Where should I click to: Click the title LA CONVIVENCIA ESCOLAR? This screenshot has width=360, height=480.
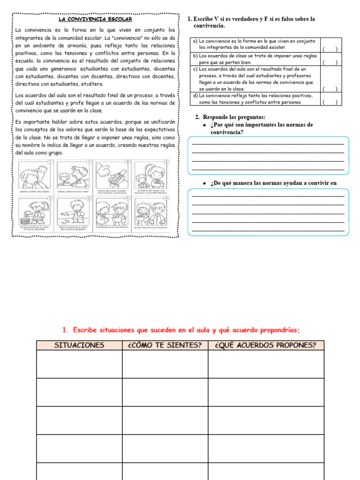(95, 20)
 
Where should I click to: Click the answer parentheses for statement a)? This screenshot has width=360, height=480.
(330, 48)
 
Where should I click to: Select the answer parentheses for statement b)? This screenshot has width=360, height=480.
(330, 62)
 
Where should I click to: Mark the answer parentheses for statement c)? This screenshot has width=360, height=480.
(330, 88)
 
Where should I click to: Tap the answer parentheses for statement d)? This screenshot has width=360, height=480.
(330, 102)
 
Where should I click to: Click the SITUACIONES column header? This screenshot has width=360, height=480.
(80, 345)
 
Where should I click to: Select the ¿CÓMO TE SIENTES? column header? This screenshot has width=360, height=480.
(165, 345)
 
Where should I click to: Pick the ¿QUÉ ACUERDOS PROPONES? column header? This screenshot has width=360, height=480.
(266, 345)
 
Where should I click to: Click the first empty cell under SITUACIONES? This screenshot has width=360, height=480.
(80, 364)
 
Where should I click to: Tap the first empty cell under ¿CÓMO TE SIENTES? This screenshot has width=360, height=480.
(165, 364)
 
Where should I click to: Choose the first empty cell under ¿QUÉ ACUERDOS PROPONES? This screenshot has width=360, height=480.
(266, 364)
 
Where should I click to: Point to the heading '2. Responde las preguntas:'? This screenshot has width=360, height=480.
(230, 117)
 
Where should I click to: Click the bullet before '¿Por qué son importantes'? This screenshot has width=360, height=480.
(205, 125)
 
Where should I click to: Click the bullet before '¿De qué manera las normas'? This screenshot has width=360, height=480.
(205, 183)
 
